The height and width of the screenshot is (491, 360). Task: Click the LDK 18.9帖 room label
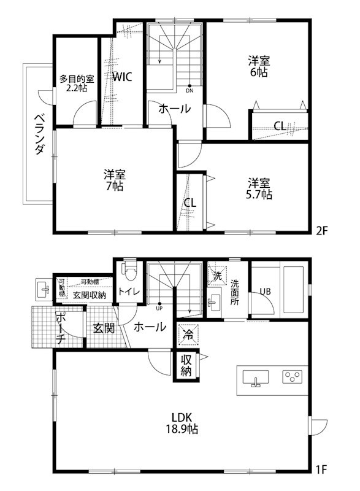click(x=184, y=424)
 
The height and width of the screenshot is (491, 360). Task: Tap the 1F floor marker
click(x=323, y=471)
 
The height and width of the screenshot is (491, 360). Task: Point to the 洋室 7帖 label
click(x=114, y=179)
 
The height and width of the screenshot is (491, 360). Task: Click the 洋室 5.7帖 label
click(x=259, y=188)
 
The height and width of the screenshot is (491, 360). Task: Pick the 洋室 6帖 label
click(x=259, y=66)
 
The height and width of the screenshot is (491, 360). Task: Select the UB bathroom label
click(x=265, y=291)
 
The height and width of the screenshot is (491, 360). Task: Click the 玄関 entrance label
click(x=104, y=328)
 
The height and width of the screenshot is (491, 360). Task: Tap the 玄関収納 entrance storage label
click(x=90, y=295)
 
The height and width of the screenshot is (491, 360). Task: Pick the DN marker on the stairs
click(x=190, y=90)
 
